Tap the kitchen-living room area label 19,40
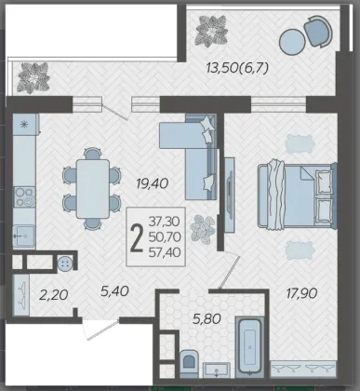click(x=152, y=183)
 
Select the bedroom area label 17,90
click(x=301, y=293)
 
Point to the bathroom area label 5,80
click(x=207, y=318)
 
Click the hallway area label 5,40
click(x=114, y=291)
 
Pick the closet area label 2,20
click(x=54, y=295)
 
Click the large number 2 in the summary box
click(x=137, y=237)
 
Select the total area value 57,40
click(x=165, y=252)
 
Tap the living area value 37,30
click(x=165, y=222)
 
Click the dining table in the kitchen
click(x=93, y=189)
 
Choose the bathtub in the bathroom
click(x=249, y=347)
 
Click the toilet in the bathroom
click(x=189, y=363)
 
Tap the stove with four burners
click(x=24, y=197)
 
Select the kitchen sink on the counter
click(x=24, y=236)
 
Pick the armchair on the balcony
click(x=318, y=31)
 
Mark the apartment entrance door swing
click(x=101, y=330)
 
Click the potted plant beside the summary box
click(x=203, y=229)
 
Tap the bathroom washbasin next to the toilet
click(x=217, y=370)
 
